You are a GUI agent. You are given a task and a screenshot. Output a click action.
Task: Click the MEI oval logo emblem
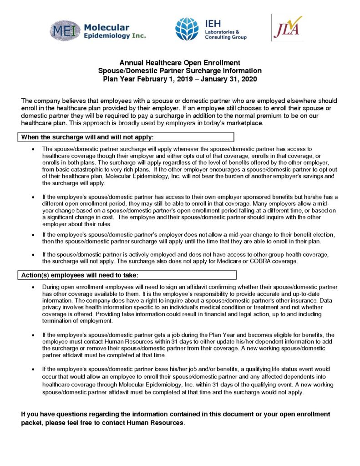(66, 31)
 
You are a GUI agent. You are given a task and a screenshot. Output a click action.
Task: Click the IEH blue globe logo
(187, 29)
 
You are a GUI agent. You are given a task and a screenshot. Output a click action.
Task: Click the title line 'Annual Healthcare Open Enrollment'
(180, 63)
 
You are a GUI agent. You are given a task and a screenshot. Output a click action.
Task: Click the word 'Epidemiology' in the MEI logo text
(104, 35)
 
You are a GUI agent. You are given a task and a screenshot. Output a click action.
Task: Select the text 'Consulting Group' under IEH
(226, 37)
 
